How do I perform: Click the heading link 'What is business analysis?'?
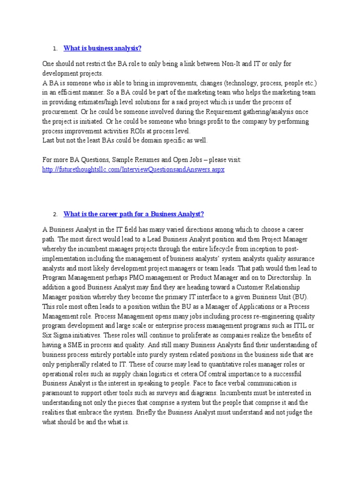point(102,48)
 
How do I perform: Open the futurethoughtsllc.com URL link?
point(133,169)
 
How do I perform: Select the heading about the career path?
point(134,214)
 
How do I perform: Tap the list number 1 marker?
point(55,49)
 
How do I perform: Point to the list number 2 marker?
point(55,215)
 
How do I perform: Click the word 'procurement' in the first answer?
point(59,112)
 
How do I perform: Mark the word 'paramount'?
point(59,393)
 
